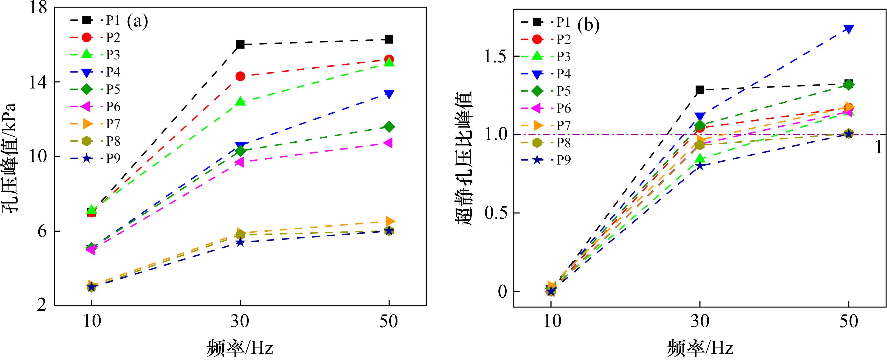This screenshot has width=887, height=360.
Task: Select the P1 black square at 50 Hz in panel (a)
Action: [x=389, y=40]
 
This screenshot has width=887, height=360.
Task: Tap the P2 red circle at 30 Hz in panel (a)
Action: [x=240, y=76]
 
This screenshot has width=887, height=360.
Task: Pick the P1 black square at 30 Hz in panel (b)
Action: [x=700, y=90]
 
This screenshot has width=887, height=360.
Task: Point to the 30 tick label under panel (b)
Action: [x=700, y=321]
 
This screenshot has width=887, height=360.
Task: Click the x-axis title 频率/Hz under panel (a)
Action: [x=240, y=348]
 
